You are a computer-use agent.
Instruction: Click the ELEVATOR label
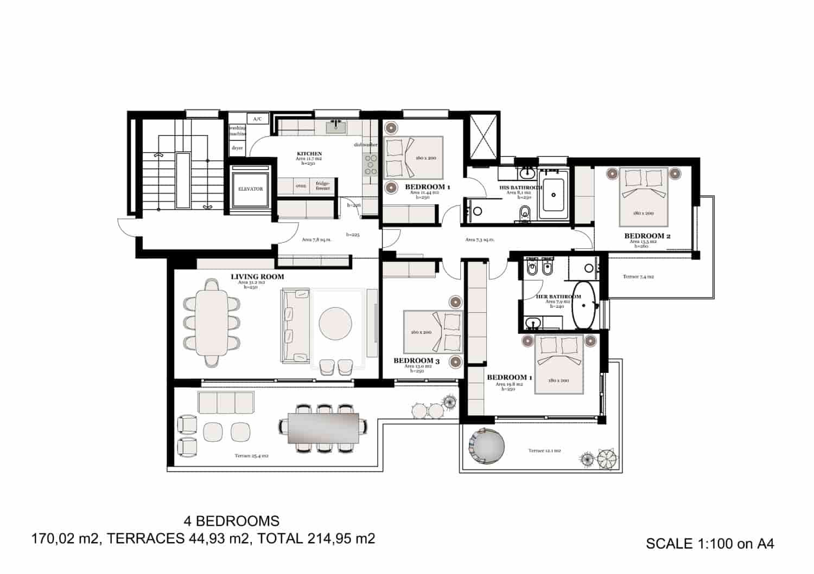(250, 189)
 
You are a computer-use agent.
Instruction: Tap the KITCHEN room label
(309, 154)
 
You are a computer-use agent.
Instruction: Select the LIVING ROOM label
(257, 276)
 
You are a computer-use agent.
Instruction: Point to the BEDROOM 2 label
(647, 236)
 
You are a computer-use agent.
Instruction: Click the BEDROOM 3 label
(417, 360)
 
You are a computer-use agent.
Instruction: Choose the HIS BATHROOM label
(520, 188)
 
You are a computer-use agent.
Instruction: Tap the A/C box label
(257, 119)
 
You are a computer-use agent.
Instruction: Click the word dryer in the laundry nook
(237, 147)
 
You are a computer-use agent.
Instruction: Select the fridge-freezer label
(323, 185)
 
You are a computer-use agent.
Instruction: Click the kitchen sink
(336, 127)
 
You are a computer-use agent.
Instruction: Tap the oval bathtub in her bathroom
(584, 305)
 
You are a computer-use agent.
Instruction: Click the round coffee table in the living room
(335, 324)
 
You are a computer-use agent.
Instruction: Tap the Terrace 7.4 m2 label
(638, 276)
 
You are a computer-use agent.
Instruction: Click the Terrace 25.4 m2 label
(251, 456)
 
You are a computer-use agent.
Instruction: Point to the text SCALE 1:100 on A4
(710, 544)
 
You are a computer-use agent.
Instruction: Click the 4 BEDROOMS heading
(232, 521)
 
